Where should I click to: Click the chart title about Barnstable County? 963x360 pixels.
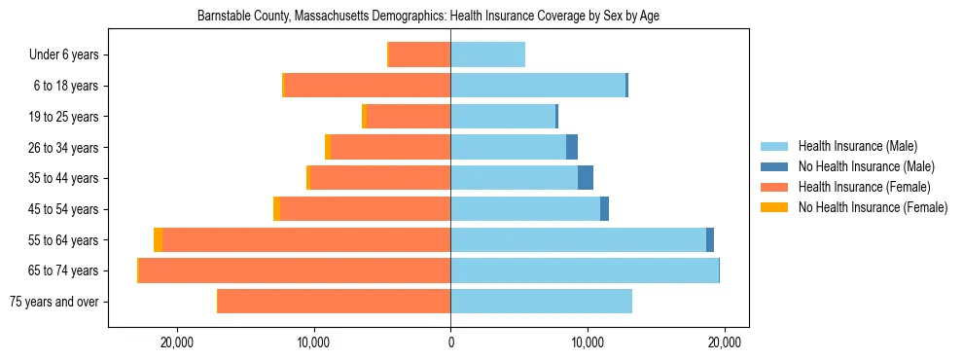point(428,17)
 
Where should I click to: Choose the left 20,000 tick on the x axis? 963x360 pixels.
point(177,342)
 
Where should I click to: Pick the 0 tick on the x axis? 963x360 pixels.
point(450,342)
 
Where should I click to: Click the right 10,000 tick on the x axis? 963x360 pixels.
point(588,342)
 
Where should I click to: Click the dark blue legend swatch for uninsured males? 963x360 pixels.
point(774,166)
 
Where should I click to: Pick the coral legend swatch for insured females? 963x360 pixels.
point(774,187)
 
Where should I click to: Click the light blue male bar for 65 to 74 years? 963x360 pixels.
point(584,270)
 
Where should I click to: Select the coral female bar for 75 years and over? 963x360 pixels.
point(334,302)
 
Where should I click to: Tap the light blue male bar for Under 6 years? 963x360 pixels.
point(487,55)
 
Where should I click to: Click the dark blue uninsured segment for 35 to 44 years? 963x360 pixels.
point(586,178)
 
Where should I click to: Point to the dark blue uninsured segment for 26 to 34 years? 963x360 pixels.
point(572,147)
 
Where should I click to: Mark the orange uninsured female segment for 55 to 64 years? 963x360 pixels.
point(158,239)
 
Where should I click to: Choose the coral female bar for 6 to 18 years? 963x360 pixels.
point(367,86)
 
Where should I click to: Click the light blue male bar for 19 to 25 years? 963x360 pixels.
point(502,117)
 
